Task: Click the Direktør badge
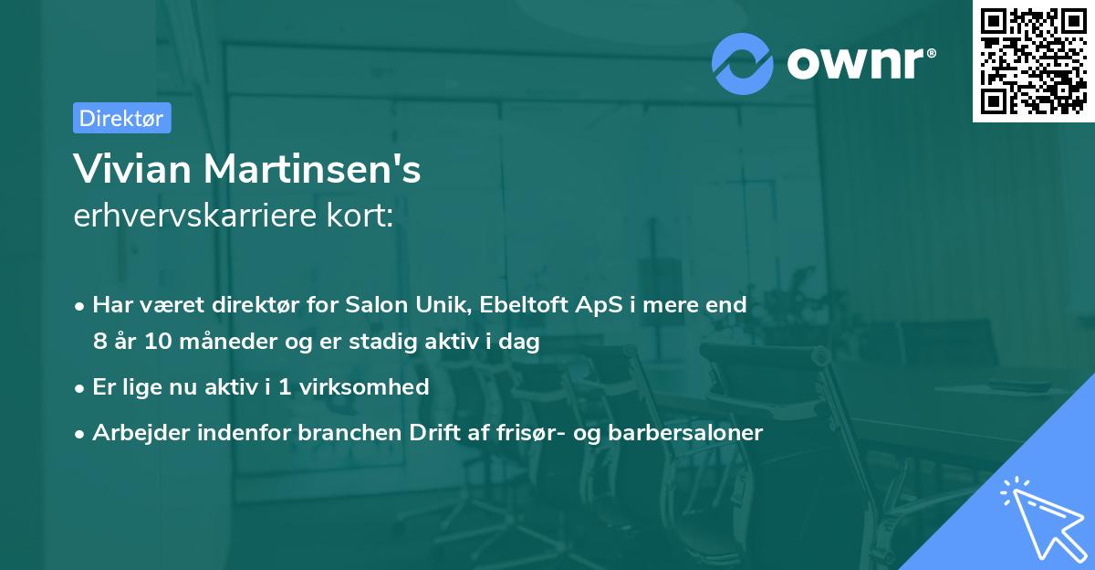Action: (121, 118)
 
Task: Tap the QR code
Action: (1033, 60)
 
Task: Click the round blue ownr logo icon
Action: (743, 63)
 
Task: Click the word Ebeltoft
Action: (523, 304)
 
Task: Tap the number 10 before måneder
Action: (153, 343)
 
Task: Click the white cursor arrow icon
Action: (1039, 518)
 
